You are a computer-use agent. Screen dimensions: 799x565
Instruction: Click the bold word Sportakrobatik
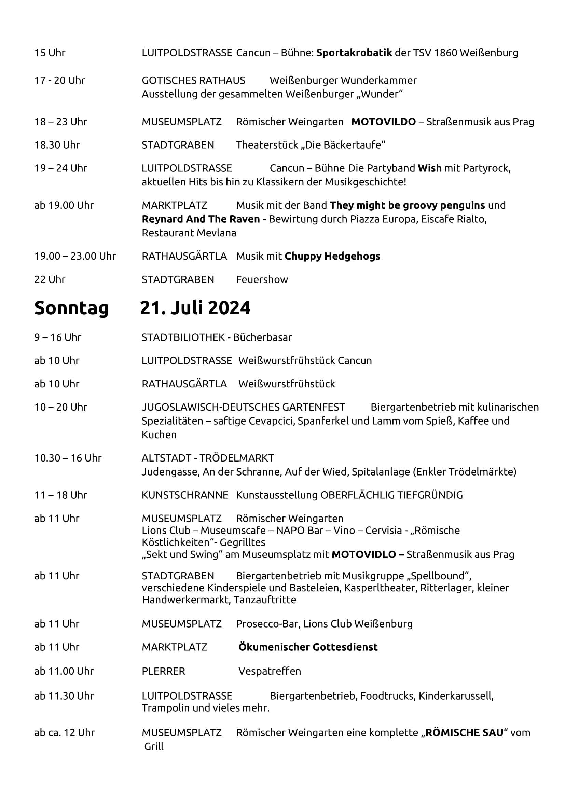354,53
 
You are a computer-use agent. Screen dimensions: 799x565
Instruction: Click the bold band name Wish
429,168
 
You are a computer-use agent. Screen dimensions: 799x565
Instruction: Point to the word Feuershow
262,279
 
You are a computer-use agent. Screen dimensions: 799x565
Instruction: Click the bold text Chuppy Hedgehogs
332,256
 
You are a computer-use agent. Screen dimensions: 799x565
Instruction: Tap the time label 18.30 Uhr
57,145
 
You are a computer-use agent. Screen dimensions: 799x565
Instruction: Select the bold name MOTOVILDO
383,122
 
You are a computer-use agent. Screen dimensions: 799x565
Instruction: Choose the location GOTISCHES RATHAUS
193,80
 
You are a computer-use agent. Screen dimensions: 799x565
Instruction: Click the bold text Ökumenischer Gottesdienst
308,647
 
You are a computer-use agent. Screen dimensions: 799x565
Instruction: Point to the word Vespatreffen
269,671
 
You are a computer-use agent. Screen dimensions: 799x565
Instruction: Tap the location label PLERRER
163,671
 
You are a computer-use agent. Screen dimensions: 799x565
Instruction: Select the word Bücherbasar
262,337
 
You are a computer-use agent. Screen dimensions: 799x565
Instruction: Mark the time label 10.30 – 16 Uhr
68,458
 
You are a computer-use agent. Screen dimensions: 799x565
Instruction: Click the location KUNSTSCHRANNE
185,495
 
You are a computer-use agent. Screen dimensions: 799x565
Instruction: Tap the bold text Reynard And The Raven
201,219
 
